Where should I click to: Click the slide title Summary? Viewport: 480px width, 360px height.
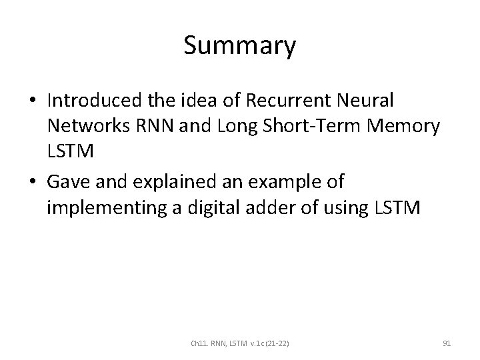pyautogui.click(x=239, y=47)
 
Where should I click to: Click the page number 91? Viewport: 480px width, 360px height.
pyautogui.click(x=447, y=344)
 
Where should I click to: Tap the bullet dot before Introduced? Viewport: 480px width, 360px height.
pyautogui.click(x=33, y=101)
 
